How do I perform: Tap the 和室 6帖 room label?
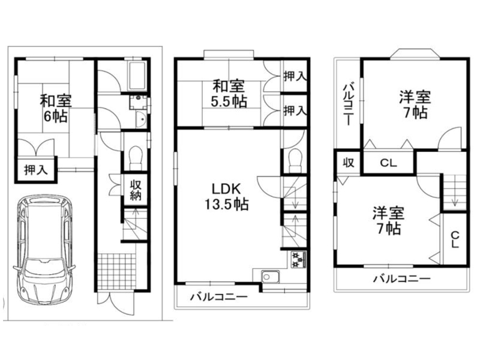click(55, 109)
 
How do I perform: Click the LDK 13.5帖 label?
click(227, 197)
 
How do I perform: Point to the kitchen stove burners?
click(298, 259)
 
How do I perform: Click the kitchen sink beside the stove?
click(271, 278)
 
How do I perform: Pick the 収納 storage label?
click(136, 190)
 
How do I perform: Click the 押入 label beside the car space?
click(36, 170)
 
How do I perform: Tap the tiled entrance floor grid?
click(117, 271)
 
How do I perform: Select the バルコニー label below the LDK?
click(219, 297)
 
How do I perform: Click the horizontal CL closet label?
click(388, 163)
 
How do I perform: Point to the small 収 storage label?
click(349, 162)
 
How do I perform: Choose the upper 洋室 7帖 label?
click(415, 104)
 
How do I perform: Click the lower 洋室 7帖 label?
click(388, 221)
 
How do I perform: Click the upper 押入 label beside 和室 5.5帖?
click(295, 76)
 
